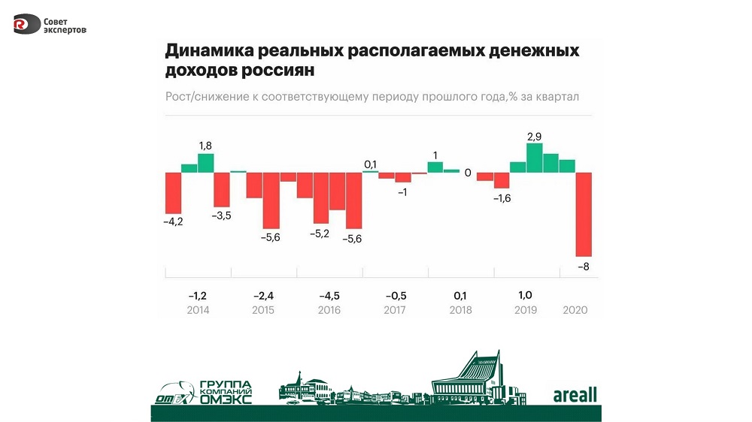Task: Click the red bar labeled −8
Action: pyautogui.click(x=584, y=214)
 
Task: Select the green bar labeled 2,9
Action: pyautogui.click(x=535, y=158)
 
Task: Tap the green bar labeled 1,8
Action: pyautogui.click(x=205, y=163)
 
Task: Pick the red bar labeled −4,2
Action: pyautogui.click(x=173, y=193)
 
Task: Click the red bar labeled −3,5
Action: pyautogui.click(x=221, y=189)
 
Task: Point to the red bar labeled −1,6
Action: pyautogui.click(x=502, y=180)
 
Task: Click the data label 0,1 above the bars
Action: pyautogui.click(x=370, y=164)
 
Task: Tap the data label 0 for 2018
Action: pyautogui.click(x=467, y=173)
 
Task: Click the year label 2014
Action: pyautogui.click(x=199, y=310)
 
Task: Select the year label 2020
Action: pyautogui.click(x=575, y=310)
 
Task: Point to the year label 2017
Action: pyautogui.click(x=395, y=310)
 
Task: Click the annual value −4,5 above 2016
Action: pyautogui.click(x=329, y=295)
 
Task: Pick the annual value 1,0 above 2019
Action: pyautogui.click(x=525, y=295)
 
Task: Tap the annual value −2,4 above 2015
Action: pyautogui.click(x=263, y=295)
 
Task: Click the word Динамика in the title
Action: pyautogui.click(x=208, y=52)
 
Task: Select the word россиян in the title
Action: pyautogui.click(x=277, y=71)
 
